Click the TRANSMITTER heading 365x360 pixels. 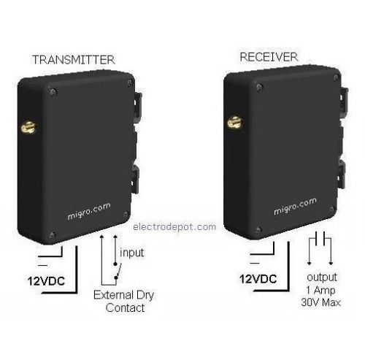(74, 60)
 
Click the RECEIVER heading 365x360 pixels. (269, 57)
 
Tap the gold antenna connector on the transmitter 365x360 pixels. (28, 127)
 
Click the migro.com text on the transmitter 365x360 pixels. (89, 211)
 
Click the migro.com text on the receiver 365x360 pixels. (295, 206)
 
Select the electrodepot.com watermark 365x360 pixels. (174, 227)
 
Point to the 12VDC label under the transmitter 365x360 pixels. (46, 281)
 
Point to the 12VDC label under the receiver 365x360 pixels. (258, 279)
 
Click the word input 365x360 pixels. (131, 253)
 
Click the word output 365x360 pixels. (322, 277)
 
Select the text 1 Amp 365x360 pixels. (320, 290)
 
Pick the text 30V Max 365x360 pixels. (320, 302)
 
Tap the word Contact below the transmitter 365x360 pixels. (125, 307)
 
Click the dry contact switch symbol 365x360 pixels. (117, 271)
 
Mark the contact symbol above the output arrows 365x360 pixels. (320, 239)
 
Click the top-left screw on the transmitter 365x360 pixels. (53, 92)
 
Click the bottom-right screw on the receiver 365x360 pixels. (331, 209)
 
